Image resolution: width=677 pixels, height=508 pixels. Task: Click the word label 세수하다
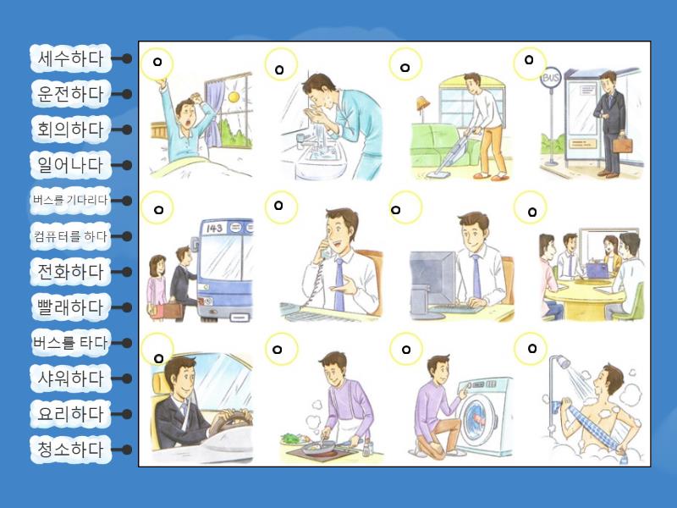click(x=71, y=58)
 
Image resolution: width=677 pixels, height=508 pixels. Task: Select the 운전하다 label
click(x=71, y=94)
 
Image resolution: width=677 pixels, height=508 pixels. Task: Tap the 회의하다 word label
click(x=71, y=130)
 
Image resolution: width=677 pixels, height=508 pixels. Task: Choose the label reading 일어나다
click(x=71, y=165)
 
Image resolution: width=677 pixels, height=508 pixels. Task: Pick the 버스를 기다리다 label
click(x=70, y=201)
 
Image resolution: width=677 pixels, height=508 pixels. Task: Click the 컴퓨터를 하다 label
click(x=70, y=236)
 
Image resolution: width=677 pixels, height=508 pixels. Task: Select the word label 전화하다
click(x=71, y=272)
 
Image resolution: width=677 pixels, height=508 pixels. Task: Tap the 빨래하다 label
click(x=71, y=307)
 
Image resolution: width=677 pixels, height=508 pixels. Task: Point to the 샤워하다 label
click(x=71, y=378)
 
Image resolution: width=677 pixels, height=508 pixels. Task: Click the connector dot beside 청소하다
click(x=126, y=450)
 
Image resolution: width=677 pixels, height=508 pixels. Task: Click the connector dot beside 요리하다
click(x=126, y=414)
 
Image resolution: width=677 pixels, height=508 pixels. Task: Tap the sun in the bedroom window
click(x=234, y=97)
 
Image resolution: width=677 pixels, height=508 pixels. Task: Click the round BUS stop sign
click(x=551, y=78)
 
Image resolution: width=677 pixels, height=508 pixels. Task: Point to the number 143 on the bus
click(x=215, y=228)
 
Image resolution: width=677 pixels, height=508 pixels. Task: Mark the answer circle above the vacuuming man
click(x=405, y=64)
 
